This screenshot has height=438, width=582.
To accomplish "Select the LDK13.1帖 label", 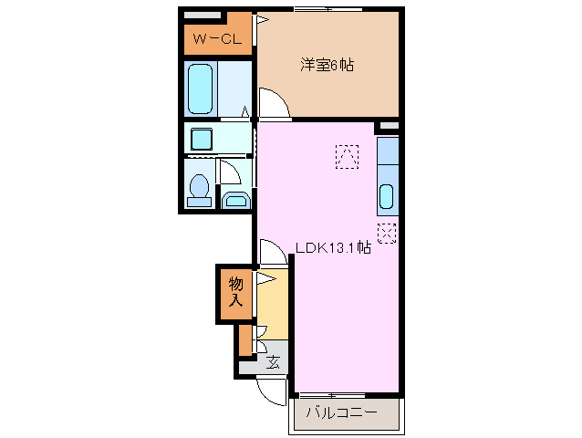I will click(332, 246).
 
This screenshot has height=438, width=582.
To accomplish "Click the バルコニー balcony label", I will click(341, 413).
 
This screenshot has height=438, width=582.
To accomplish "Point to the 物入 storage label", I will click(235, 291).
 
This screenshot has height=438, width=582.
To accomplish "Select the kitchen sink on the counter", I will click(386, 196).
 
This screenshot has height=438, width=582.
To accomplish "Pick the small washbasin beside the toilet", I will click(234, 201).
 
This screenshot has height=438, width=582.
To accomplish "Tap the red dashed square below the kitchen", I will click(387, 233).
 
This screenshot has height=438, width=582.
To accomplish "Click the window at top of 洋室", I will click(319, 8).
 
